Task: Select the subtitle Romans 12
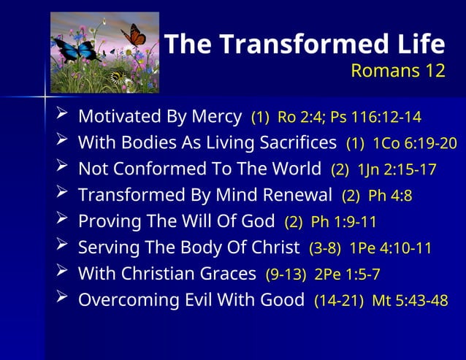pyautogui.click(x=397, y=71)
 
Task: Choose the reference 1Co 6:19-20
pyautogui.click(x=415, y=144)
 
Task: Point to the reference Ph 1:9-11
pyautogui.click(x=343, y=222)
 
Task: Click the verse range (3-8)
pyautogui.click(x=324, y=248)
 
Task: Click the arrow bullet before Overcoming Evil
pyautogui.click(x=63, y=299)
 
